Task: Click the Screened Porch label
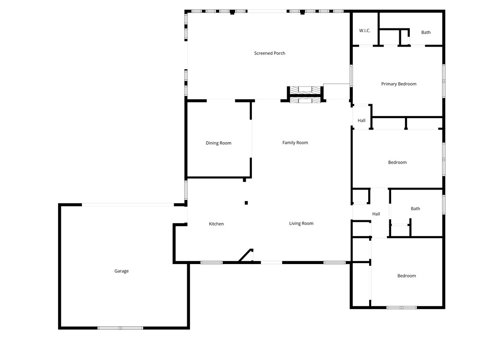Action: (x=270, y=53)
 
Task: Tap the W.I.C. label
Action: (x=365, y=31)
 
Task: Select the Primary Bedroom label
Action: (x=398, y=84)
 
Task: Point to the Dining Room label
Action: (x=218, y=143)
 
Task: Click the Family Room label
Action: (x=295, y=143)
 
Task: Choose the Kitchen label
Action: (x=216, y=224)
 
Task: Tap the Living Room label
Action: (x=301, y=223)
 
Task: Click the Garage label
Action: (x=121, y=271)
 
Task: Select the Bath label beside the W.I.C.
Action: (x=426, y=33)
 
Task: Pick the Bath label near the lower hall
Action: (x=415, y=209)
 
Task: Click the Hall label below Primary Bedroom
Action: (x=361, y=120)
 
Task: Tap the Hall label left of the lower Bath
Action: (x=376, y=214)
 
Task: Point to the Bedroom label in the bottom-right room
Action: (x=406, y=276)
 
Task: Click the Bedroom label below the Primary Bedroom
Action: (x=397, y=163)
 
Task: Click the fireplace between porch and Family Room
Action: (x=304, y=94)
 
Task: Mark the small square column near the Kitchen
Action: (x=246, y=203)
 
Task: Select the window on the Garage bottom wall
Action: (x=120, y=328)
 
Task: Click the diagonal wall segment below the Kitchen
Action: (x=246, y=256)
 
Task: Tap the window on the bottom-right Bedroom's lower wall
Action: (x=402, y=307)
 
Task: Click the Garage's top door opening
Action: (x=128, y=205)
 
